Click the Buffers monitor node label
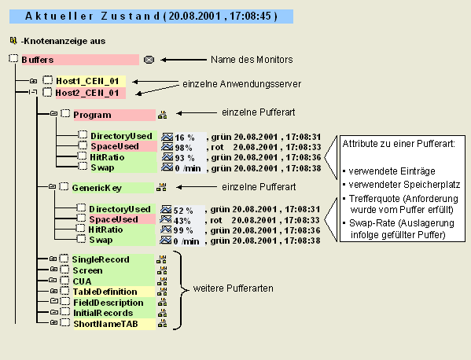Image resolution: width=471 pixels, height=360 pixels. (x=38, y=60)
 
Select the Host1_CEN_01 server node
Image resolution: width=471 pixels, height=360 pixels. (x=87, y=81)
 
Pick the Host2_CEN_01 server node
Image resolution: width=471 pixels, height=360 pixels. (x=87, y=93)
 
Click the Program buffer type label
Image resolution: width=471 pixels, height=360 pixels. (x=92, y=115)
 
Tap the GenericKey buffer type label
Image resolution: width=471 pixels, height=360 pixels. (x=97, y=188)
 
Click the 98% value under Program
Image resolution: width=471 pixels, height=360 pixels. (x=183, y=148)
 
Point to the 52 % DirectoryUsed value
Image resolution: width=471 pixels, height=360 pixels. (x=183, y=211)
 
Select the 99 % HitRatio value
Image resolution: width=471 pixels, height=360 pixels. (x=183, y=230)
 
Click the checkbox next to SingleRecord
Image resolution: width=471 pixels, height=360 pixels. (x=64, y=259)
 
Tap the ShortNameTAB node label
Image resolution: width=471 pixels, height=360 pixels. (x=105, y=324)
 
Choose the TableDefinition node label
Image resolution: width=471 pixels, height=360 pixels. (x=105, y=292)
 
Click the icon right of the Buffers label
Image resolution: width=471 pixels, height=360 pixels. (x=149, y=60)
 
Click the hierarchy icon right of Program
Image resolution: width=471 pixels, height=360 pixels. (x=162, y=115)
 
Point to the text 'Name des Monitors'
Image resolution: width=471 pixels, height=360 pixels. (x=252, y=60)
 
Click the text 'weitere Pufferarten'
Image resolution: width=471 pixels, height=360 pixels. (x=233, y=288)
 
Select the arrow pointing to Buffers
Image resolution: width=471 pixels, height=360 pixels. (x=183, y=60)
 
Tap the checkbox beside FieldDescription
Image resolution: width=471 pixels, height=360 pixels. (x=65, y=301)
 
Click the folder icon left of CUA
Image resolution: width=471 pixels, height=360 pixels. (x=52, y=280)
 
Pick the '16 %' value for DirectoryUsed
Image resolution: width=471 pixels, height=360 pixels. (x=185, y=138)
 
